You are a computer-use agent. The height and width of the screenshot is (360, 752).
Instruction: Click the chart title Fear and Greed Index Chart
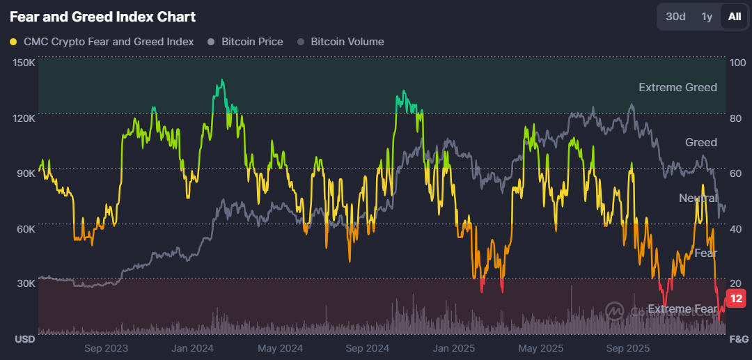103,17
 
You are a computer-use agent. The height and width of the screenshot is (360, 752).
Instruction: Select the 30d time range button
675,17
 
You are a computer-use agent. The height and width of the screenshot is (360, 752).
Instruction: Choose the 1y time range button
707,17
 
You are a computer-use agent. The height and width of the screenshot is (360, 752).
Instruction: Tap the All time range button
735,17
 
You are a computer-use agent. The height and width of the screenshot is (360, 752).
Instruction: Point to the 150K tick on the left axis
24,63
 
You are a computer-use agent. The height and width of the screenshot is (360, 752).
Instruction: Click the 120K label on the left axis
24,118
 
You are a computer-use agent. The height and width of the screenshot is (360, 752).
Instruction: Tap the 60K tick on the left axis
25,228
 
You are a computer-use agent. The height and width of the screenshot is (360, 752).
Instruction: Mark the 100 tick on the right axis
736,63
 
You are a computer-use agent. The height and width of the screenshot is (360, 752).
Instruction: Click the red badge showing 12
737,299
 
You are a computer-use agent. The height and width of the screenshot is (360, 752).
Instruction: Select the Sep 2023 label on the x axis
107,347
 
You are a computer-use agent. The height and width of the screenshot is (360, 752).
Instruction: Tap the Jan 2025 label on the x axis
453,347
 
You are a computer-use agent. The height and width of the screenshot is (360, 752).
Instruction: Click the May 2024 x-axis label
281,347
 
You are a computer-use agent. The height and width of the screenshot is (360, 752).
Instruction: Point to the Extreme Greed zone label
677,87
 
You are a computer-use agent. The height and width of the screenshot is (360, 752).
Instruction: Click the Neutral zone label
698,198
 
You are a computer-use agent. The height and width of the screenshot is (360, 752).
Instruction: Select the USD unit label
25,339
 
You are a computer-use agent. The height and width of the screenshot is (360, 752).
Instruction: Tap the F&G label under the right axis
737,339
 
